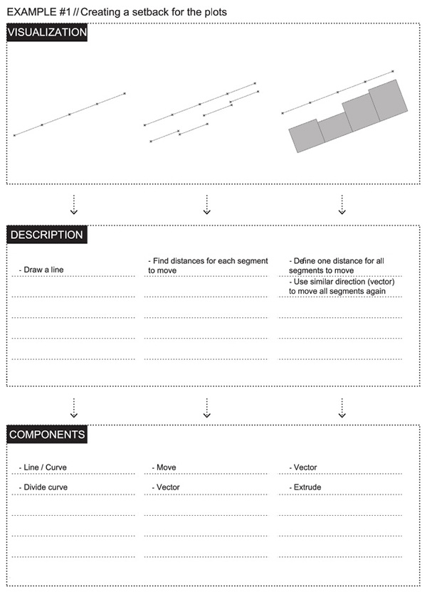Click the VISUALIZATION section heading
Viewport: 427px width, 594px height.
point(47,33)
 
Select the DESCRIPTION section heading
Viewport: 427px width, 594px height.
point(46,235)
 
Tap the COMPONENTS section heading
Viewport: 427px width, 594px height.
point(48,434)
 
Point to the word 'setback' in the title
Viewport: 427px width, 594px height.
point(139,12)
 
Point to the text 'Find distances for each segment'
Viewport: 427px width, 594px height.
point(208,261)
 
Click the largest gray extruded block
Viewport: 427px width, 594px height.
point(387,100)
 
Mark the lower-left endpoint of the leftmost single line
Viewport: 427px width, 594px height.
point(14,135)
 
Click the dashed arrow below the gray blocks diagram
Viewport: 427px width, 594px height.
point(342,205)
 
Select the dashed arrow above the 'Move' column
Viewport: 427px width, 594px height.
point(206,407)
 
